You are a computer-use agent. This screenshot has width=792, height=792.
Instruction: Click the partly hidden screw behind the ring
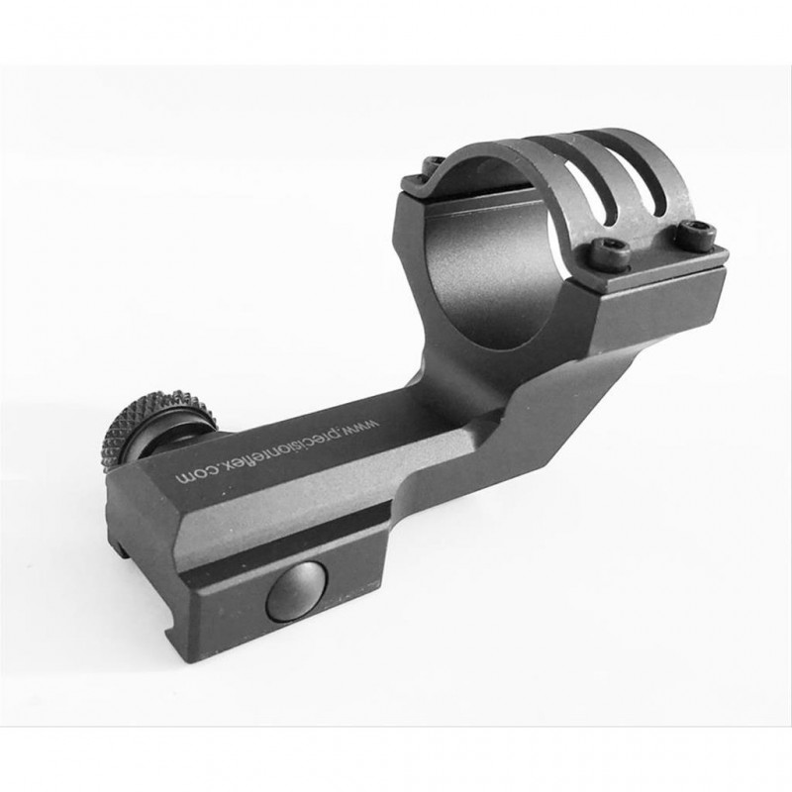[x=433, y=167]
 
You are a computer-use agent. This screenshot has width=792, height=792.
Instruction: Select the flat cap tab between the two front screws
[x=648, y=252]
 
